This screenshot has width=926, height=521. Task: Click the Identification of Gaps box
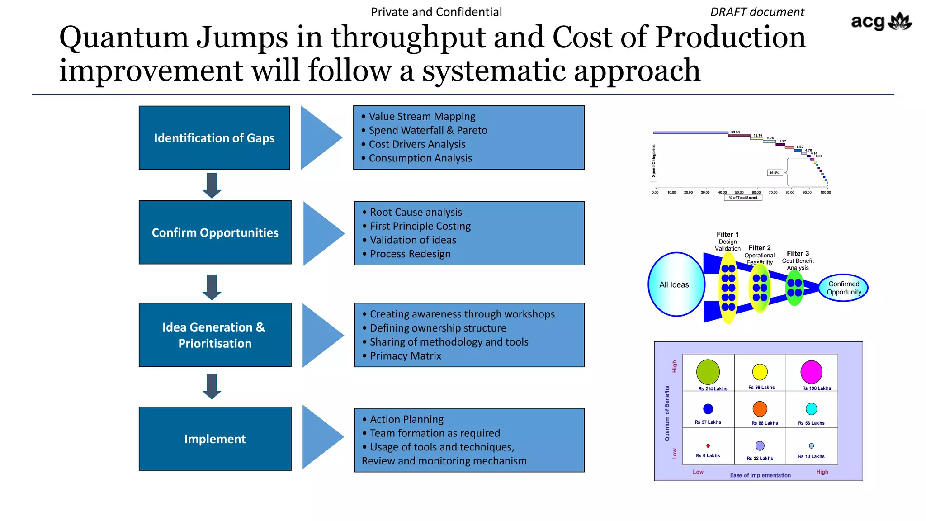tap(214, 138)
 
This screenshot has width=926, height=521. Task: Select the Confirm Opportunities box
tap(215, 232)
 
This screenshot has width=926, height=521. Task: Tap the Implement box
tap(215, 439)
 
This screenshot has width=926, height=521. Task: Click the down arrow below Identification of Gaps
tap(212, 185)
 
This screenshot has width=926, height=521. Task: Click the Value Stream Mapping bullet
tap(422, 117)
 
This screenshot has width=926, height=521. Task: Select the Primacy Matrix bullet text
tap(405, 356)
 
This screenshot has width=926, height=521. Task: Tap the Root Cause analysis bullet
tap(416, 212)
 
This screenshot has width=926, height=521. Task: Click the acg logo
tap(881, 22)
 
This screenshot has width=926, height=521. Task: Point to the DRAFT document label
tap(757, 12)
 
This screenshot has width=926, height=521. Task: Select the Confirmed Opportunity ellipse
tap(844, 288)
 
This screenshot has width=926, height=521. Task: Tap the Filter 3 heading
tap(798, 254)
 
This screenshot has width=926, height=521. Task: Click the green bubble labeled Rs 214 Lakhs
tap(708, 372)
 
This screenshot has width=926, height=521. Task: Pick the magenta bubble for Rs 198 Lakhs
tap(811, 372)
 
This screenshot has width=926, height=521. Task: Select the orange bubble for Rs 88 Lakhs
tap(760, 409)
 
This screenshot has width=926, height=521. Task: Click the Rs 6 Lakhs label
tap(708, 456)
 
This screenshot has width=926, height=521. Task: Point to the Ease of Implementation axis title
tap(760, 475)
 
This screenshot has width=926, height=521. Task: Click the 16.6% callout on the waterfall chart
tap(775, 173)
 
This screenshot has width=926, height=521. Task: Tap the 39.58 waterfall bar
tap(690, 133)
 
